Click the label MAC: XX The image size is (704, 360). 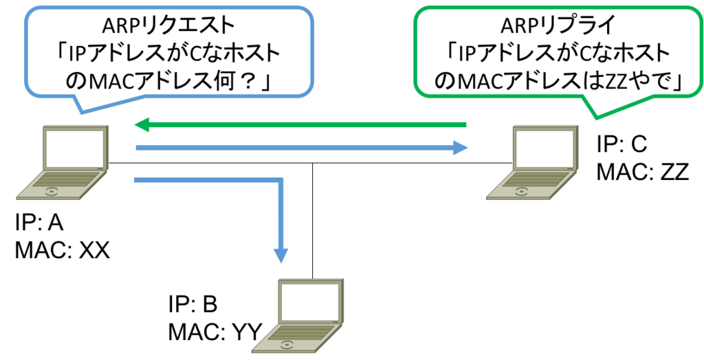tap(63, 251)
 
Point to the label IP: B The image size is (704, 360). tap(193, 305)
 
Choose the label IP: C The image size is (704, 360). tap(621, 144)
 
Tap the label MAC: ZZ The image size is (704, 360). tap(643, 172)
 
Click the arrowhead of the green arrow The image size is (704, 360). tap(143, 125)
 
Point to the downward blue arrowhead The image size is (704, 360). tap(281, 254)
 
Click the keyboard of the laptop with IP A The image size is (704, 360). tap(63, 181)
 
